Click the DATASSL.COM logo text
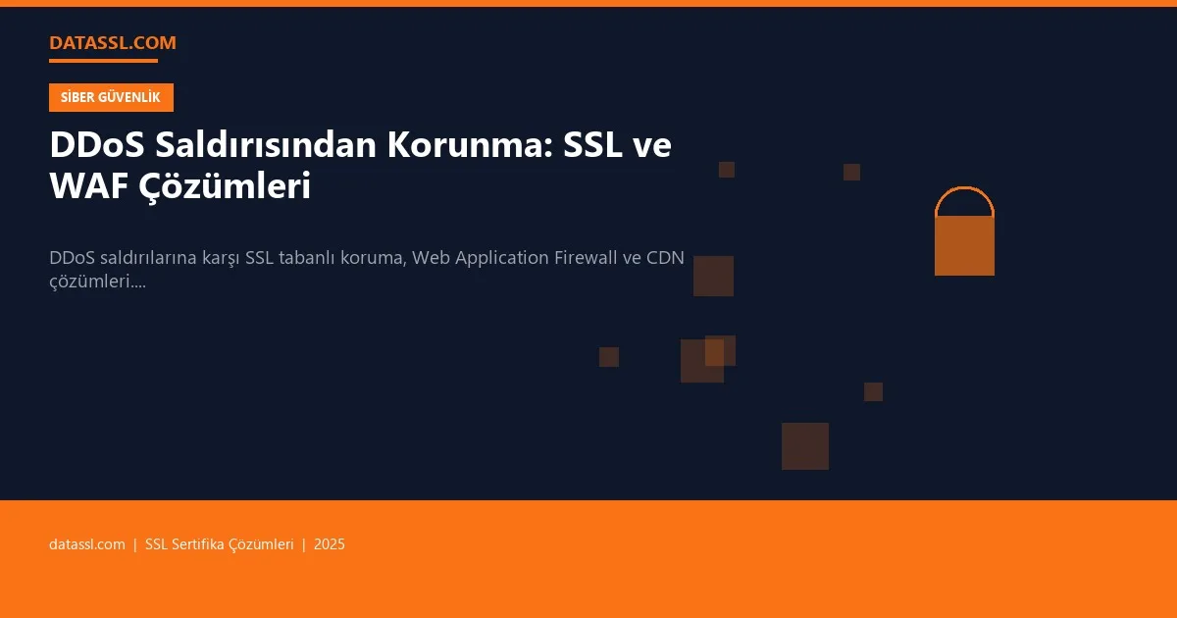(x=112, y=42)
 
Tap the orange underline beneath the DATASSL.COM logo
(x=103, y=61)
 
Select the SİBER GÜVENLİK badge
(x=111, y=97)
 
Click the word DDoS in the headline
(x=96, y=145)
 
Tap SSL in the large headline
(x=597, y=145)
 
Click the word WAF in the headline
(x=86, y=185)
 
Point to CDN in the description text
(x=665, y=257)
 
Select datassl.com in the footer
(x=86, y=544)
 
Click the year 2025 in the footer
(x=330, y=544)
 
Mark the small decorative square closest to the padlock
(x=851, y=172)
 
